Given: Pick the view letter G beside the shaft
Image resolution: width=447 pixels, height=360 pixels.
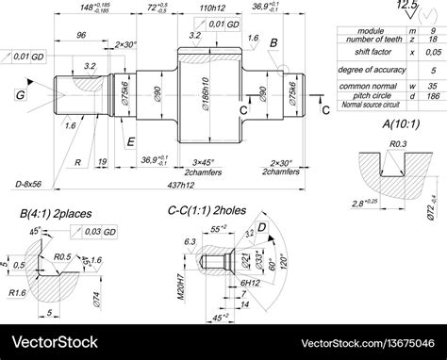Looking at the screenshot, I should click(x=20, y=95).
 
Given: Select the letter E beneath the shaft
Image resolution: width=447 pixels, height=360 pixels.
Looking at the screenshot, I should click(x=129, y=139).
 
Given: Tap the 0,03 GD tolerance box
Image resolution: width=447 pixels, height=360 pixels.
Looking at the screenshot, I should click(x=93, y=232).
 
